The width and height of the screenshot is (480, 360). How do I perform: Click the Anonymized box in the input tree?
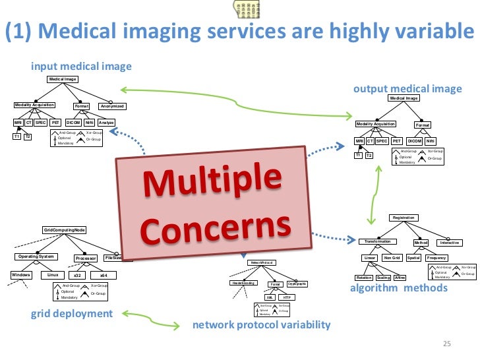pos(111,106)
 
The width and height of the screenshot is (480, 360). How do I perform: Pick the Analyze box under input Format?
pos(106,123)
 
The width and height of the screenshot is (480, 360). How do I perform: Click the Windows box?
pos(20,274)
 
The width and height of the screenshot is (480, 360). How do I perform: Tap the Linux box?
pos(50,274)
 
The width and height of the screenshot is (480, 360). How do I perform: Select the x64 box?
pos(104,275)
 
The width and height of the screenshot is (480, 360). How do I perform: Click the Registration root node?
pos(404,217)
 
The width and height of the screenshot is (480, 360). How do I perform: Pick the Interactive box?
pos(449,243)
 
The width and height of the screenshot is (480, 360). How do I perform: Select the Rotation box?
pos(364,278)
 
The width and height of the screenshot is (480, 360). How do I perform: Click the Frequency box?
pos(436,258)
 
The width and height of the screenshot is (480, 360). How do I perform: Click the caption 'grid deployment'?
pos(71,313)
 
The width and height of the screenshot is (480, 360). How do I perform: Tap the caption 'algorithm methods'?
pos(398,288)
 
